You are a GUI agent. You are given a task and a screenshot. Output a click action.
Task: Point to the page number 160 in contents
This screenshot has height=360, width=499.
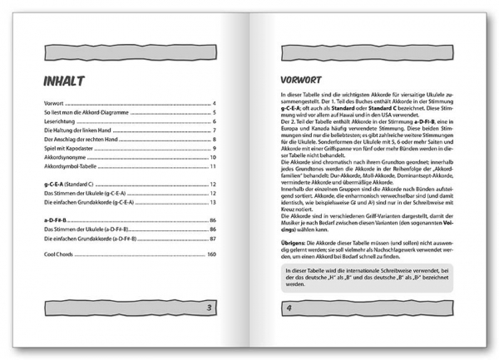click(211, 277)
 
